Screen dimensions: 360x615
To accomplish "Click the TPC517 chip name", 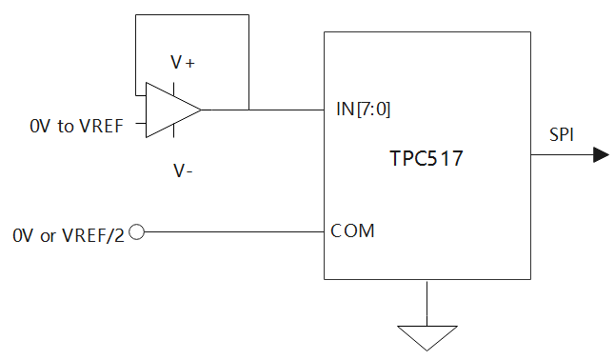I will [x=426, y=159].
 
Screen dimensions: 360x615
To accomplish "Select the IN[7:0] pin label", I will [x=364, y=109].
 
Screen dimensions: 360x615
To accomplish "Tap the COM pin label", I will [x=352, y=230].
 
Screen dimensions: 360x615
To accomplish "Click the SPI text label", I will [x=562, y=134].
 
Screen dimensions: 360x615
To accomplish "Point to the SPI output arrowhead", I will [x=601, y=155].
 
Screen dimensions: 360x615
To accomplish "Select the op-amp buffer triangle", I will [x=170, y=110].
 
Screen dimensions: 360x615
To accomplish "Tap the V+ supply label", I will [x=183, y=62].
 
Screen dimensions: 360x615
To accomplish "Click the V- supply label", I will [x=183, y=170].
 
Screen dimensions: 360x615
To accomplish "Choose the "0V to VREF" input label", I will [x=76, y=126].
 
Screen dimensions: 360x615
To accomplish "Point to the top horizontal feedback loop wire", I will [x=191, y=15].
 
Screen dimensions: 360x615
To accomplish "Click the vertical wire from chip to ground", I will [x=426, y=303].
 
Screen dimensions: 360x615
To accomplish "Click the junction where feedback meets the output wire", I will [x=248, y=109].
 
